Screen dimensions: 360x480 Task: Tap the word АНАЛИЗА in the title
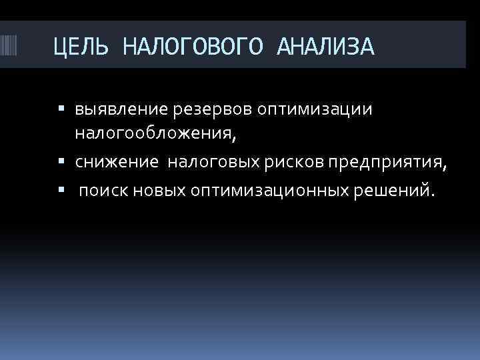click(x=325, y=47)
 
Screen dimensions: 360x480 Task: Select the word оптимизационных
click(x=268, y=191)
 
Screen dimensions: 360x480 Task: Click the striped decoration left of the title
click(x=12, y=47)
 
